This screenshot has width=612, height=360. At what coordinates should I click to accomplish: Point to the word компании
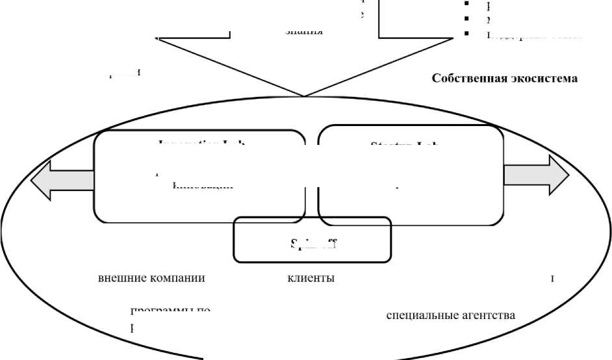coord(174,278)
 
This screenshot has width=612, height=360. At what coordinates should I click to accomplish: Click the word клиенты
coord(311,278)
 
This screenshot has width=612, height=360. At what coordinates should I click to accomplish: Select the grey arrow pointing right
coord(537,175)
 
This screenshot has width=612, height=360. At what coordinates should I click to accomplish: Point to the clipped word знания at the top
coord(305,31)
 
